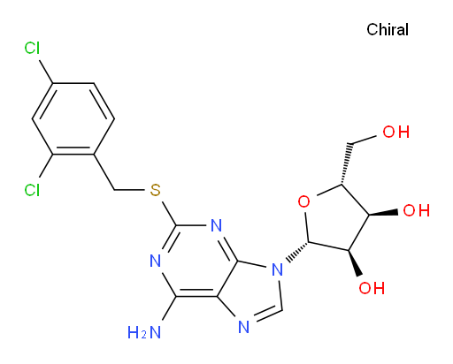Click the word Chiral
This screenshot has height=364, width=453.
[388, 30]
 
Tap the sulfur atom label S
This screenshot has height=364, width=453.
[155, 190]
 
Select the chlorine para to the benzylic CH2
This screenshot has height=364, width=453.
[32, 48]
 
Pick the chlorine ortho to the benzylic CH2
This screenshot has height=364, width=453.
[32, 190]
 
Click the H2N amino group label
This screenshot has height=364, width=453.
[144, 333]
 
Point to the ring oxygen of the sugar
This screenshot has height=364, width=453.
[303, 202]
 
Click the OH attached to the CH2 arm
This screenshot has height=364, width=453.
[396, 132]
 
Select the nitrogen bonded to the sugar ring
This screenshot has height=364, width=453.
[277, 269]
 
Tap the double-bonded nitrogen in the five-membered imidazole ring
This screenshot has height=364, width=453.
[244, 327]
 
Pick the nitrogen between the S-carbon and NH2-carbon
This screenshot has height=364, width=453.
[156, 261]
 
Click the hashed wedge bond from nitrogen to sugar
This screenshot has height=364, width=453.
[296, 252]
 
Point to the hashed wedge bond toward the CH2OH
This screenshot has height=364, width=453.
[346, 164]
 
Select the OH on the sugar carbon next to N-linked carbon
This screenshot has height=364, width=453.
[372, 288]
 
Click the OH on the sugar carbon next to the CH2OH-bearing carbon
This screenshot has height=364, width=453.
[416, 211]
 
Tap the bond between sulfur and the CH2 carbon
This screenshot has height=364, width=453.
[129, 190]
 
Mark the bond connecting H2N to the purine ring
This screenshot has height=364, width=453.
[169, 308]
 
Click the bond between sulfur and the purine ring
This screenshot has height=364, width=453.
[169, 213]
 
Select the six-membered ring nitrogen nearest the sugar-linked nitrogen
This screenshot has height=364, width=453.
[217, 225]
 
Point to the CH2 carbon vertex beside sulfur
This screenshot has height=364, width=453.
[114, 190]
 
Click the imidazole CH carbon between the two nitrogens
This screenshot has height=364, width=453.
[282, 309]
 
